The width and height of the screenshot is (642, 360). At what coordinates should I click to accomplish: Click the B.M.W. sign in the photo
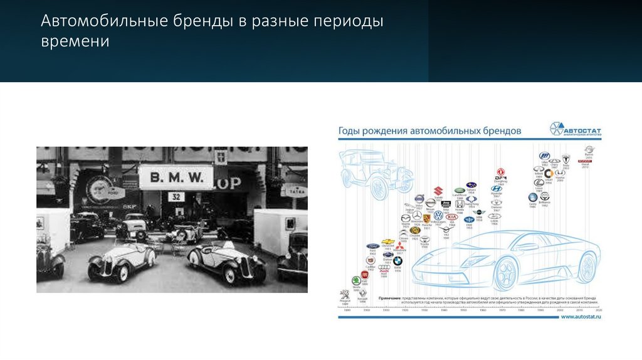pyautogui.click(x=176, y=177)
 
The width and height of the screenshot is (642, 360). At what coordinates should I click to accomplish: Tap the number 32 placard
pyautogui.click(x=176, y=196)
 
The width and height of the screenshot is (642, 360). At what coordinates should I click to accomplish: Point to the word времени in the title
pyautogui.click(x=75, y=42)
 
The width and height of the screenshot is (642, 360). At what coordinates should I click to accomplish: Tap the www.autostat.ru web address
pyautogui.click(x=581, y=317)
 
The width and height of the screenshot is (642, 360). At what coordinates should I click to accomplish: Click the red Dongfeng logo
pyautogui.click(x=501, y=172)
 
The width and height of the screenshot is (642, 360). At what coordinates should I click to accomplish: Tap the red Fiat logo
pyautogui.click(x=364, y=274)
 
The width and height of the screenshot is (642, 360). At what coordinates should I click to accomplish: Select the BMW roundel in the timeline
pyautogui.click(x=397, y=260)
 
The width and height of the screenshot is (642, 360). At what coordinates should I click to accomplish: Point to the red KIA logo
pyautogui.click(x=451, y=217)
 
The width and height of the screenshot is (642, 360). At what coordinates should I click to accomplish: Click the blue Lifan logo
pyautogui.click(x=544, y=156)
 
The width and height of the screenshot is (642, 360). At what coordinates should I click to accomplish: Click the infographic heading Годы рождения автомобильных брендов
pyautogui.click(x=429, y=132)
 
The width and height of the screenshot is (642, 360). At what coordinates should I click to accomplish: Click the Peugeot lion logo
pyautogui.click(x=344, y=294)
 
